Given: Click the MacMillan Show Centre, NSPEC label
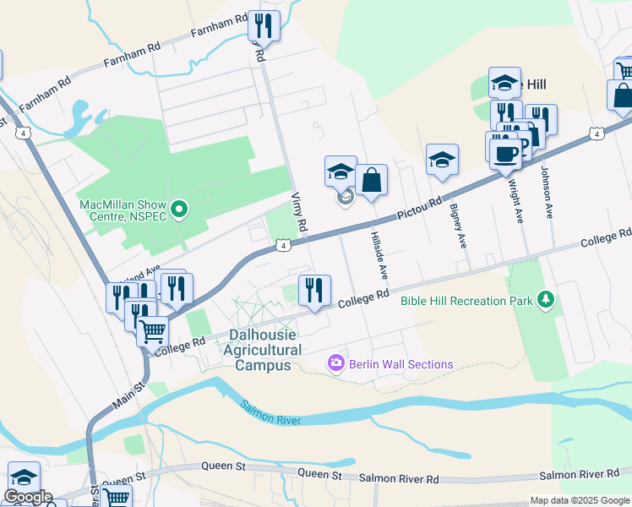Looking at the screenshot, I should coord(123,210).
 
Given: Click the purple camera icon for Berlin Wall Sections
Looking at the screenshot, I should coord(336,363).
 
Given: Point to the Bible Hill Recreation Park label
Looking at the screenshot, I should coord(468,301).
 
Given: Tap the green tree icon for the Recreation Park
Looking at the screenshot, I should coord(547,299).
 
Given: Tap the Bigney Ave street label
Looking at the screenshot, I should coord(458,225).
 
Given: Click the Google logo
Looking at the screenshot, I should coord(27,497).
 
